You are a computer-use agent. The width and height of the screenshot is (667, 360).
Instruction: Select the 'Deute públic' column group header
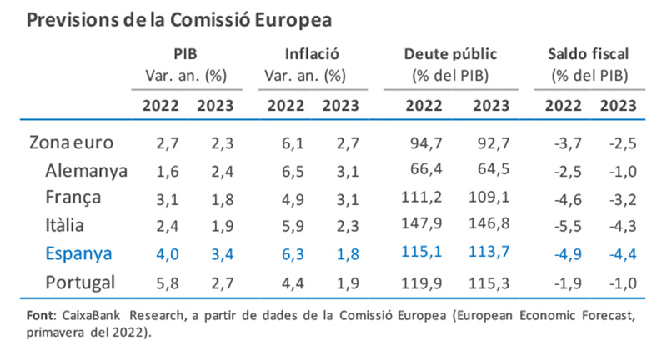pyautogui.click(x=450, y=54)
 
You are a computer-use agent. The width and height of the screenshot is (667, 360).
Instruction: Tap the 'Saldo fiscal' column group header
pyautogui.click(x=589, y=54)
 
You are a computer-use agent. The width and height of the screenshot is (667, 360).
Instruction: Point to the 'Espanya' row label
pyautogui.click(x=77, y=252)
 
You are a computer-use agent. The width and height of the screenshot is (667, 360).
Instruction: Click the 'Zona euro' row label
pyautogui.click(x=70, y=143)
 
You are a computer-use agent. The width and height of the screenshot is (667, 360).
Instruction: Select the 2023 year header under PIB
pyautogui.click(x=215, y=107)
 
